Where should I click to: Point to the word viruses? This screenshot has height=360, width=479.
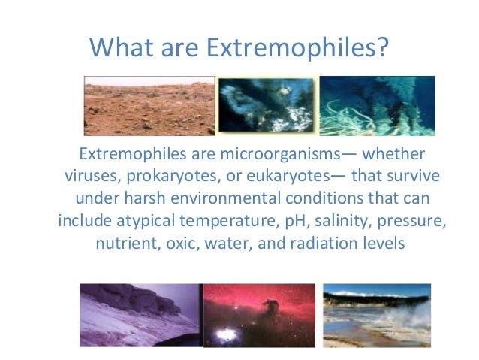[83, 177]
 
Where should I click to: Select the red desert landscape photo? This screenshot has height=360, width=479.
[149, 105]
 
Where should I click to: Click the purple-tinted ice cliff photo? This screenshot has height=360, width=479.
[140, 315]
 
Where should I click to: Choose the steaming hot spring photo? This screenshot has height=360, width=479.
[376, 314]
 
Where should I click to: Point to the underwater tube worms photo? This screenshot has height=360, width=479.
[377, 105]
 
